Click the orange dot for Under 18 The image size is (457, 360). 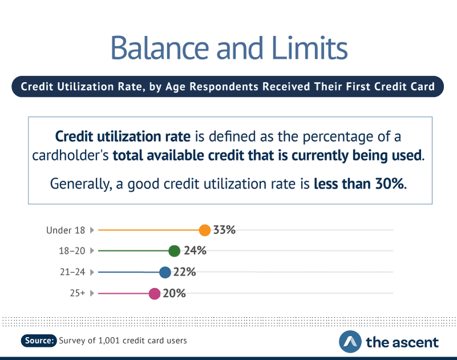(205, 230)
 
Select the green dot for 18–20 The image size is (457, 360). (175, 251)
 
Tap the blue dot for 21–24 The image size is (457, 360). (165, 272)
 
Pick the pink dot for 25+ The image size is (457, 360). (154, 294)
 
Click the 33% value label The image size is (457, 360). (225, 230)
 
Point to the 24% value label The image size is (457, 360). (195, 251)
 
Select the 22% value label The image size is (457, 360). (185, 272)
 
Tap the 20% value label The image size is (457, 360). (175, 294)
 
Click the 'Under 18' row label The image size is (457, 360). (66, 230)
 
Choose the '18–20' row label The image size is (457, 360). (72, 251)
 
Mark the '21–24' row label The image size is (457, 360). (72, 272)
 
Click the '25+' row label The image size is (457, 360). (77, 294)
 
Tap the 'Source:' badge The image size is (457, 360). (39, 341)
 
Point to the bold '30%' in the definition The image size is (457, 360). (387, 184)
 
